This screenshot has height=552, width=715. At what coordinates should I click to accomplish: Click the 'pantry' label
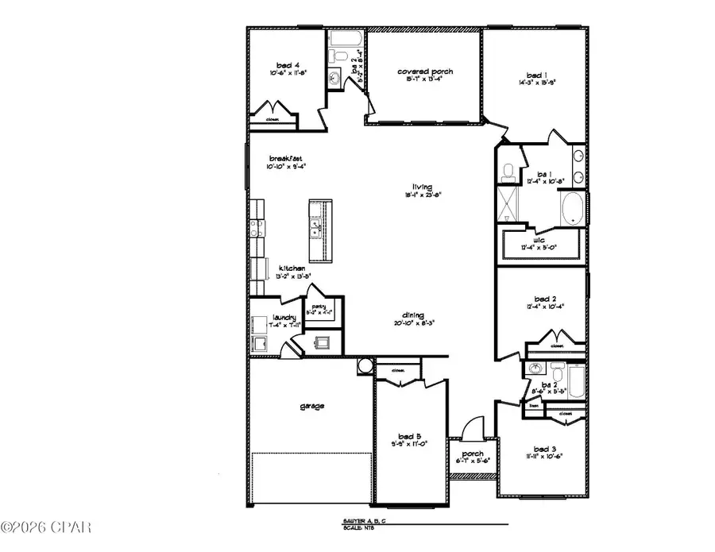[x=319, y=307]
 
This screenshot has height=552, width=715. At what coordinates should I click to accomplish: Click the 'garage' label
[x=311, y=406]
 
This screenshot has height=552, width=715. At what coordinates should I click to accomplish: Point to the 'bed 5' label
[x=408, y=436]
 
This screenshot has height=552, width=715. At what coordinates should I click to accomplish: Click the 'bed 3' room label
[x=543, y=449]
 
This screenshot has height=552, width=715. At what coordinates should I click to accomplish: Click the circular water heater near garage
[x=365, y=366]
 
